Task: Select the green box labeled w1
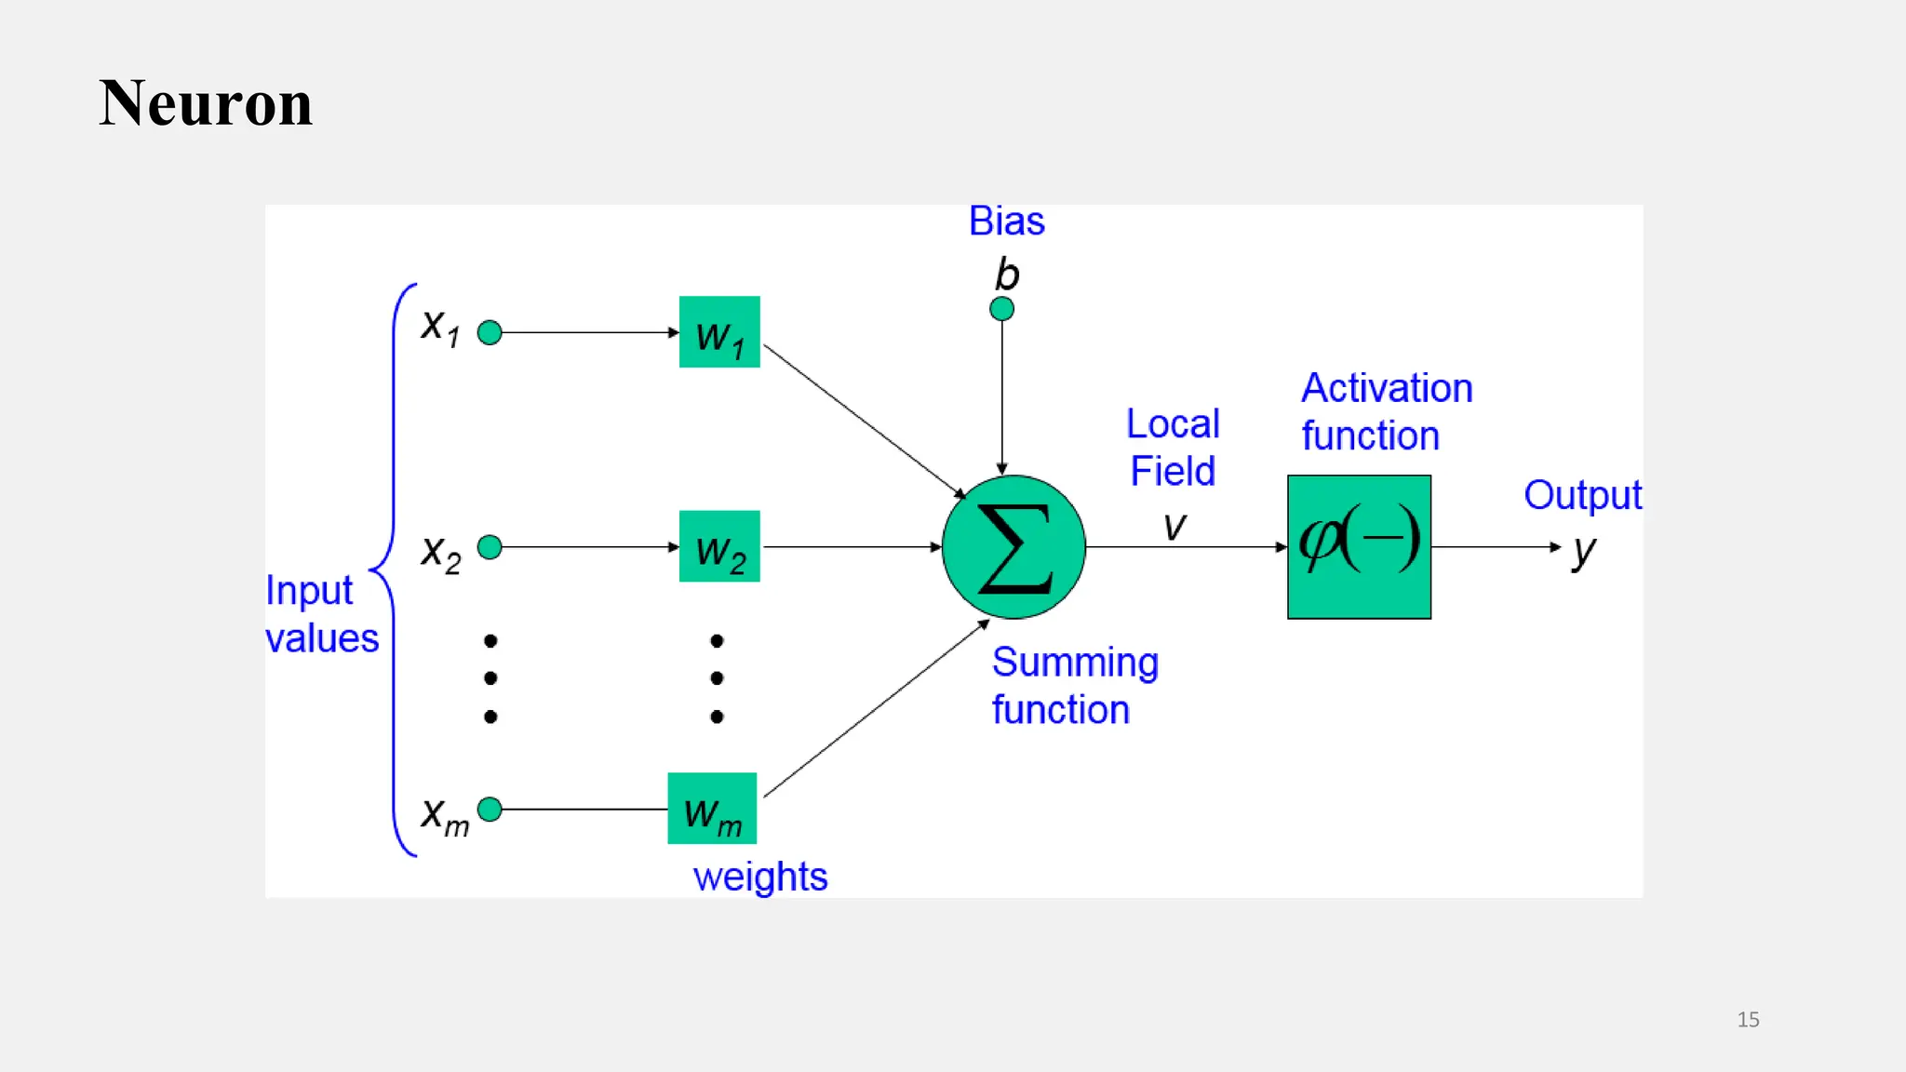(x=719, y=332)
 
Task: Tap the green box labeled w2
(x=719, y=546)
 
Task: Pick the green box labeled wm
(x=712, y=809)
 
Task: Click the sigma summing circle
(x=1013, y=547)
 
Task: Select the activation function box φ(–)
(x=1359, y=547)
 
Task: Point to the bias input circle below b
(x=1001, y=309)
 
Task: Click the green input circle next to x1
(x=490, y=332)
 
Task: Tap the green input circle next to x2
(x=490, y=547)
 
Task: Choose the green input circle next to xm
(x=490, y=810)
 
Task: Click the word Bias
(x=1006, y=221)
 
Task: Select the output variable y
(x=1583, y=551)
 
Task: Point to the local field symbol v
(x=1174, y=527)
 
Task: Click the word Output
(x=1582, y=495)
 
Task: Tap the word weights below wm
(x=760, y=877)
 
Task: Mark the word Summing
(x=1075, y=663)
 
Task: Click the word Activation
(x=1387, y=388)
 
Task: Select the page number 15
(x=1748, y=1019)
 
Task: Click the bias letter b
(x=1007, y=275)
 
